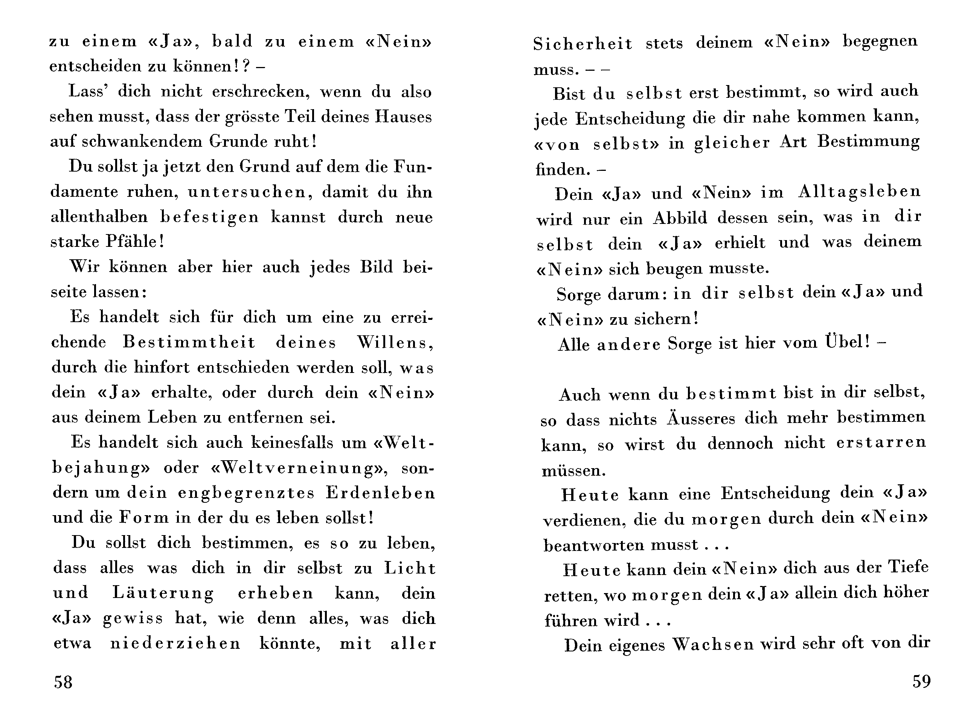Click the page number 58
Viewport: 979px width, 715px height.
pos(63,682)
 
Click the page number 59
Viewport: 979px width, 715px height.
pos(921,681)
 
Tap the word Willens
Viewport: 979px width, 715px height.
pos(395,342)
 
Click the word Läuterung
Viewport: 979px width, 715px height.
pos(163,593)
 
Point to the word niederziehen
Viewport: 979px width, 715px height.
pos(175,643)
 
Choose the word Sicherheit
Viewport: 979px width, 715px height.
pos(583,43)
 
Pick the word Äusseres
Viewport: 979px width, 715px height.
pos(701,418)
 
